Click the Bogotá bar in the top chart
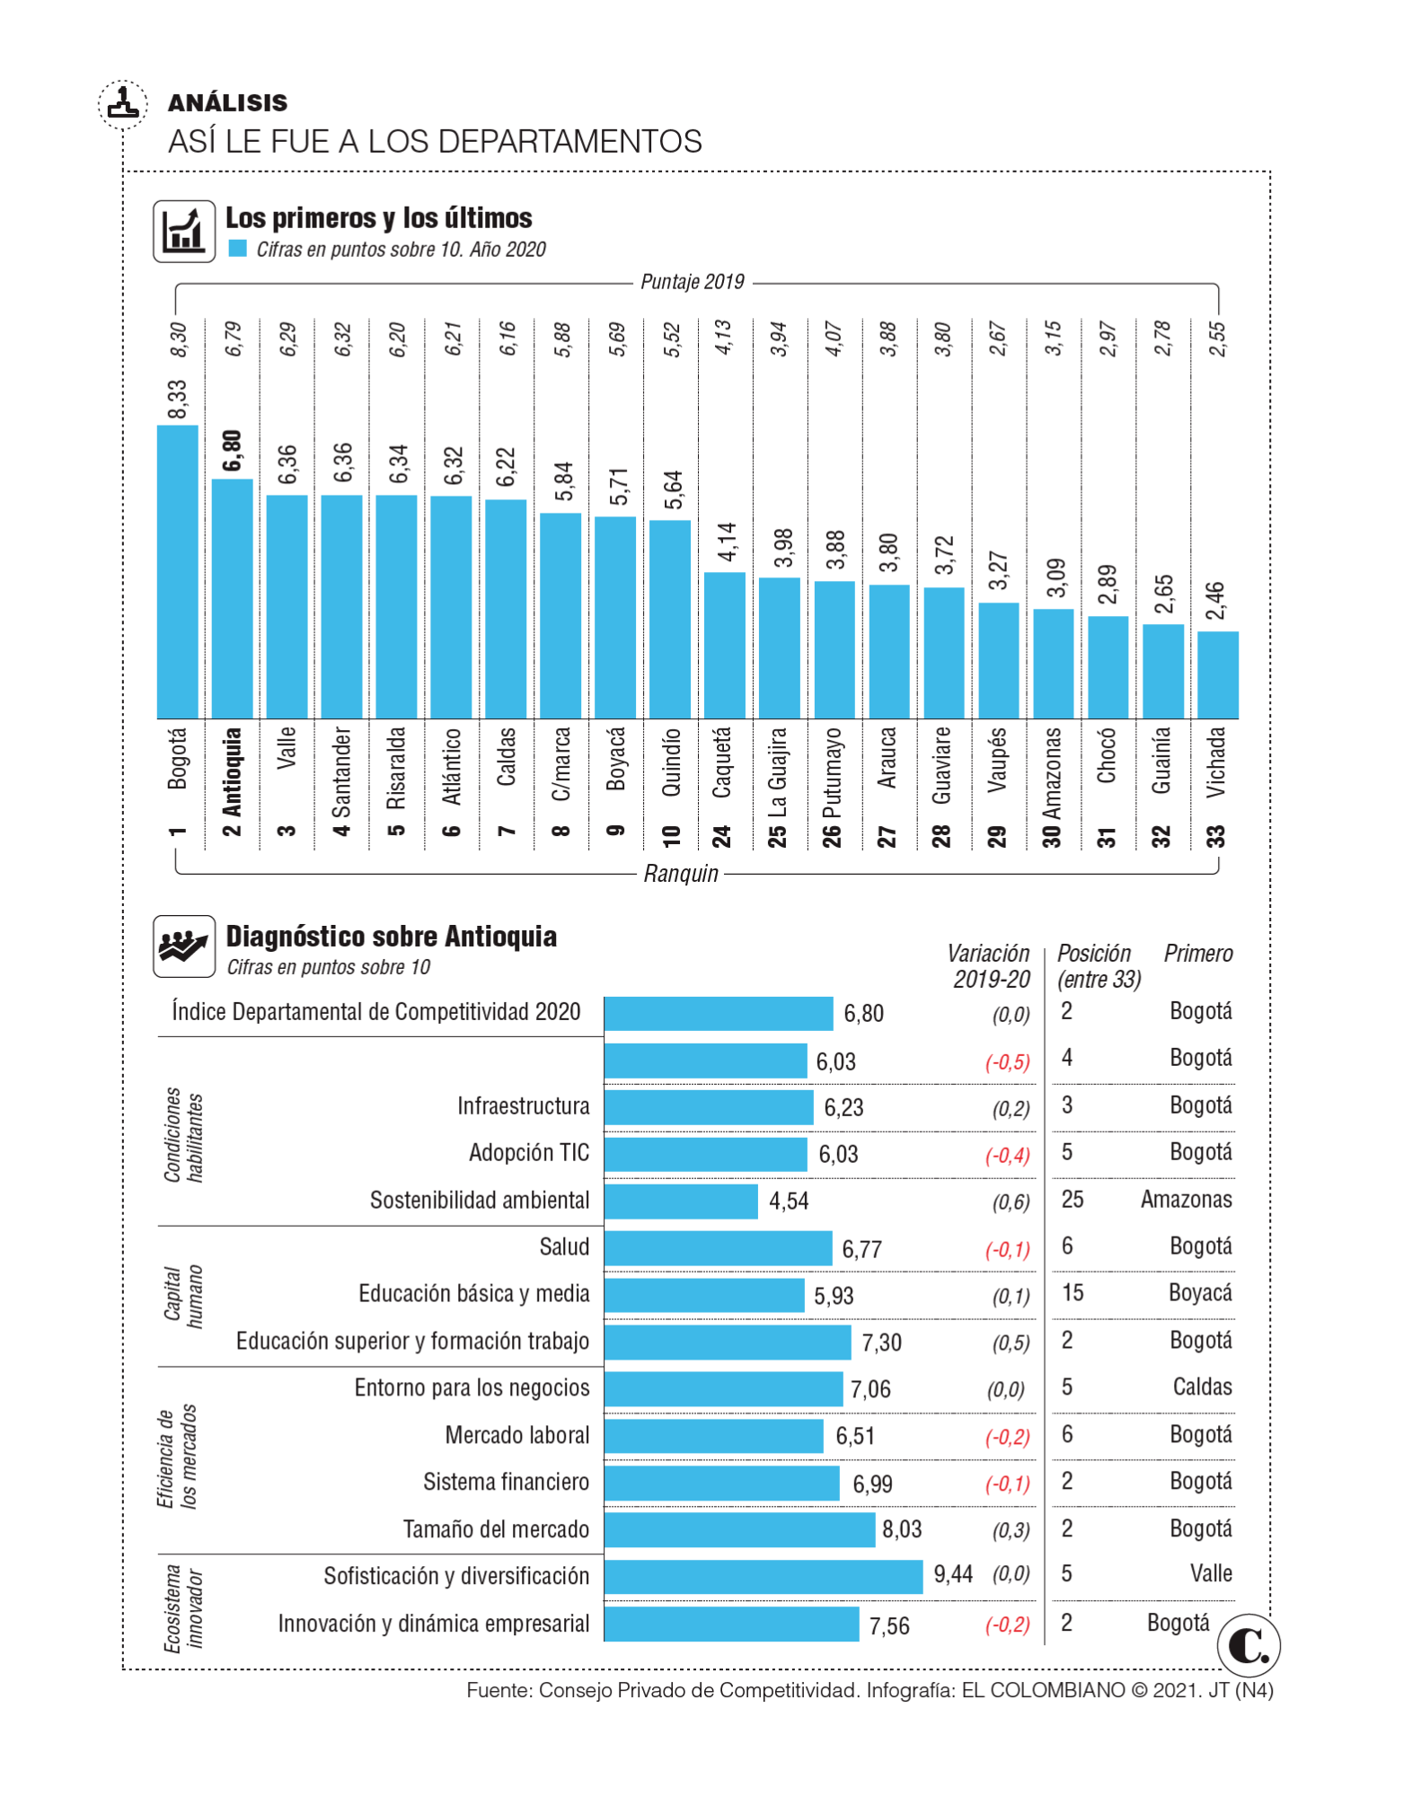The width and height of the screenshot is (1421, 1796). click(177, 571)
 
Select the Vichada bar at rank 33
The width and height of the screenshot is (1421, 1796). click(1218, 674)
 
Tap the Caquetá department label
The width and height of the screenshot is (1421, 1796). click(721, 763)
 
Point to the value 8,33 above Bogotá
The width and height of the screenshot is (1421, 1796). click(177, 400)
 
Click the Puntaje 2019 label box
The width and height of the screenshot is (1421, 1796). click(693, 284)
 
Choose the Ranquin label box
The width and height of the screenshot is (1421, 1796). click(681, 874)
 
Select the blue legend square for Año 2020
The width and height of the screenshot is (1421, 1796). click(237, 249)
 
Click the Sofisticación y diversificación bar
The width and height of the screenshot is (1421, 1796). click(763, 1577)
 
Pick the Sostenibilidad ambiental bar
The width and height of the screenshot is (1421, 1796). click(681, 1202)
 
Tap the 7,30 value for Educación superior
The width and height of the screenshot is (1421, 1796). click(881, 1343)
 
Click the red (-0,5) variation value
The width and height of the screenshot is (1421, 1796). click(1007, 1062)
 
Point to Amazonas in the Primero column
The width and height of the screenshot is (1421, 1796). click(1186, 1200)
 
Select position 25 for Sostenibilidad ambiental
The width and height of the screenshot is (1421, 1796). click(1072, 1200)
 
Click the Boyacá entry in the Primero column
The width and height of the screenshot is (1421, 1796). click(1200, 1293)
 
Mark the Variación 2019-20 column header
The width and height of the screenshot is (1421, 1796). click(990, 966)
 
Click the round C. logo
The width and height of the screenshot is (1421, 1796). click(1249, 1645)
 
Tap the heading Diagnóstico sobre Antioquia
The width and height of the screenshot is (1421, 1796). click(391, 937)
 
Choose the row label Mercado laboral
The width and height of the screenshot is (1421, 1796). click(517, 1436)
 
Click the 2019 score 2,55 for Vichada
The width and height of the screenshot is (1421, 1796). click(1218, 339)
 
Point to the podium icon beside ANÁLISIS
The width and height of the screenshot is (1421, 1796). click(122, 103)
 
